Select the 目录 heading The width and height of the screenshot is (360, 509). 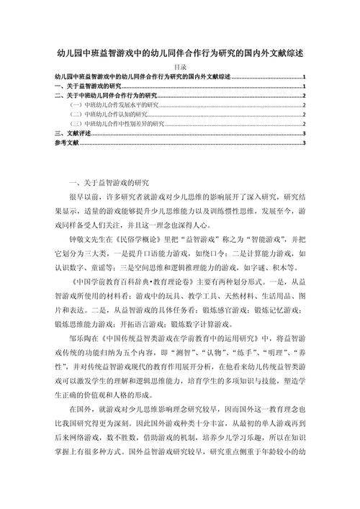(180, 66)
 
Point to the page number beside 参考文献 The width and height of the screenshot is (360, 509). (305, 143)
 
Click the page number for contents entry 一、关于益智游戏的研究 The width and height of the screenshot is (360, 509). (305, 86)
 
